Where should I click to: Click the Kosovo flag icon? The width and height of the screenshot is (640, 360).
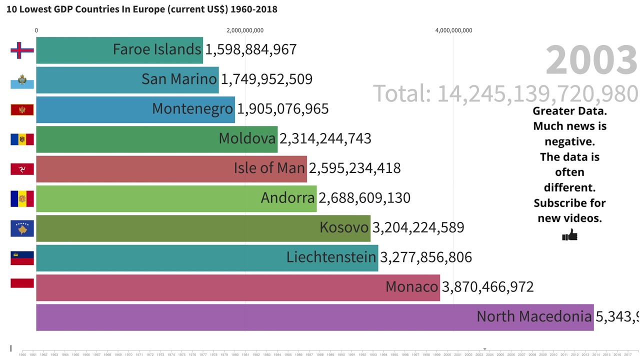pyautogui.click(x=22, y=228)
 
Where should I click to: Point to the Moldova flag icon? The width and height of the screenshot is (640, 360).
pyautogui.click(x=22, y=139)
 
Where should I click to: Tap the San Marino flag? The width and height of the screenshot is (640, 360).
pyautogui.click(x=22, y=80)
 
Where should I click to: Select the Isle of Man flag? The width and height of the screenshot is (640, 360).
pyautogui.click(x=22, y=169)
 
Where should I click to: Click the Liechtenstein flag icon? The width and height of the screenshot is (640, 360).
pyautogui.click(x=22, y=258)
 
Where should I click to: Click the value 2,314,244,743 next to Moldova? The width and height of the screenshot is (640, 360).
pyautogui.click(x=325, y=138)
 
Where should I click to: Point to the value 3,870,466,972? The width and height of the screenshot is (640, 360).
pyautogui.click(x=487, y=287)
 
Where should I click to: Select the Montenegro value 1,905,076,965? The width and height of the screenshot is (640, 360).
pyautogui.click(x=282, y=109)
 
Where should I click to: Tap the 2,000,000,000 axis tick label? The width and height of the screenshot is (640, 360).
pyautogui.click(x=245, y=30)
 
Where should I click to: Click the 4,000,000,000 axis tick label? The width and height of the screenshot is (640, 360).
pyautogui.click(x=453, y=30)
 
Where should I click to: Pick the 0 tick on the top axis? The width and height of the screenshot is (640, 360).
pyautogui.click(x=36, y=30)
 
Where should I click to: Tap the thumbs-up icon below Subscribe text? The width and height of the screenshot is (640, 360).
pyautogui.click(x=569, y=235)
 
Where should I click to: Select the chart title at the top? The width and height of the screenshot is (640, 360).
pyautogui.click(x=141, y=9)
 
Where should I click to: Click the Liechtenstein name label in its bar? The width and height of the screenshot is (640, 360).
pyautogui.click(x=331, y=257)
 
